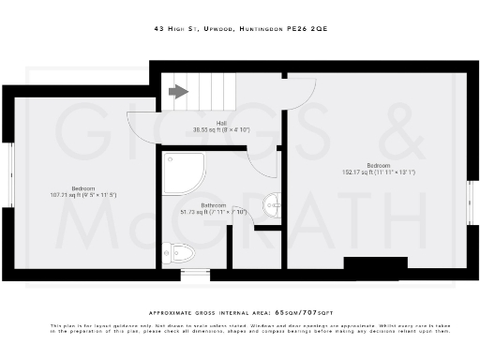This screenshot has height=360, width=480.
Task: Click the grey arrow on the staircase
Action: click(x=177, y=91)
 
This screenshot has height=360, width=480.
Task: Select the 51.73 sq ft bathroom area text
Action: click(x=217, y=212)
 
